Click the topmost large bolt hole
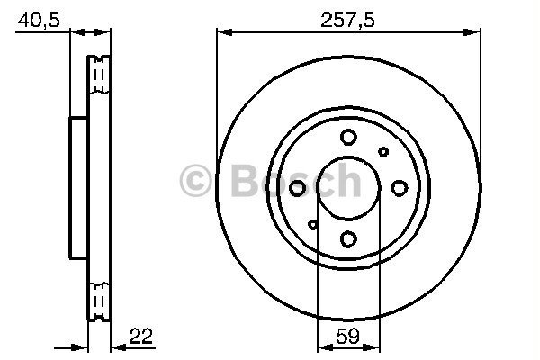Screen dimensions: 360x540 [x=349, y=138]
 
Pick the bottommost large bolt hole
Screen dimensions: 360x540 [x=349, y=238]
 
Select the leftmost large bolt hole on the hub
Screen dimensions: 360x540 [x=298, y=187]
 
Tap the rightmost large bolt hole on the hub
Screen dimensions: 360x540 [x=400, y=187]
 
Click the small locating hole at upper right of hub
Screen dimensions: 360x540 [x=383, y=152]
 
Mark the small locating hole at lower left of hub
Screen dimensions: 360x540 [x=313, y=224]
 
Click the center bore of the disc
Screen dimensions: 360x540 [x=349, y=188]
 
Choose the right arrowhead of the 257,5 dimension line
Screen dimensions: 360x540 [x=475, y=32]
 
